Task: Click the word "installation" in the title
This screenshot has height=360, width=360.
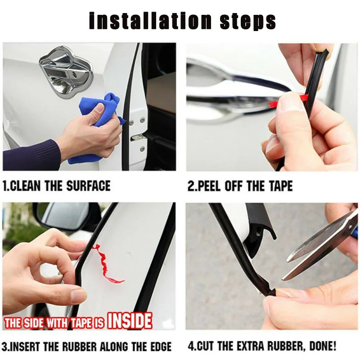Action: [x=150, y=21]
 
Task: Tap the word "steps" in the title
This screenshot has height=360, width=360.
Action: [x=248, y=21]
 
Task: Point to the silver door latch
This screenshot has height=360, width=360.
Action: [x=138, y=138]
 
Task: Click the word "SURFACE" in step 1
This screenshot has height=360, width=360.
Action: [x=88, y=186]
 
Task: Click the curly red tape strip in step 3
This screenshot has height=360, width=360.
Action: [x=107, y=264]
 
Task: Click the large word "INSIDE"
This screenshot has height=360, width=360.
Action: [x=130, y=320]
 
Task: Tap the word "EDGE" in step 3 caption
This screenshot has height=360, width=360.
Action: [x=160, y=346]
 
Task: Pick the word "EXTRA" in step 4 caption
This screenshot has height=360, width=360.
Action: [x=251, y=346]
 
